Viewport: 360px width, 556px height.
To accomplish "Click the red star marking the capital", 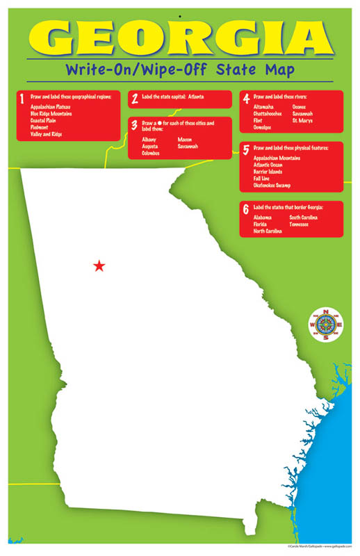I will point(99,265).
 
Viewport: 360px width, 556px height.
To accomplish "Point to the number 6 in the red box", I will point(245,208).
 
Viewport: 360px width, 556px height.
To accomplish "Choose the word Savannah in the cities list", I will point(188,147).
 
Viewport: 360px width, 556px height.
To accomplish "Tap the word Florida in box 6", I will point(262,224).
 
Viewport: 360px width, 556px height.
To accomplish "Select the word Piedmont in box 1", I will point(39,127).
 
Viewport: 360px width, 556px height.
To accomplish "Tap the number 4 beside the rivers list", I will point(246,98).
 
